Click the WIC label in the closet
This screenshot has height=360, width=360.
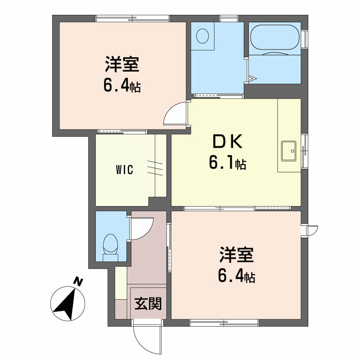[x=125, y=170]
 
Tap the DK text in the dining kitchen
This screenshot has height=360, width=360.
[x=228, y=142]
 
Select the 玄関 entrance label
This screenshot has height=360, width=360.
[x=148, y=303]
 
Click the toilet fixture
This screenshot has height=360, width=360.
[x=110, y=247]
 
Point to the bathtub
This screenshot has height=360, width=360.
[x=275, y=37]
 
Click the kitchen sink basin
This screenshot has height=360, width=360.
[x=289, y=151]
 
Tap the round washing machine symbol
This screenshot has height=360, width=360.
[x=202, y=36]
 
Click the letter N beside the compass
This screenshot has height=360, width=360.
[x=78, y=282]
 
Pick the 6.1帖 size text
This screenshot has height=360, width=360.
[x=228, y=162]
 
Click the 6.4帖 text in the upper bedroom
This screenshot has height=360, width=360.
[x=122, y=85]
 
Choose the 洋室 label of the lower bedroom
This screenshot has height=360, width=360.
[x=237, y=254]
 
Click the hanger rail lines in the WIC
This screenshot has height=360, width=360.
[x=155, y=168]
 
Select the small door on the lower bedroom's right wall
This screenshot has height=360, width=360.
[x=310, y=231]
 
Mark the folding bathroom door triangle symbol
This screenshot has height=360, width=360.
[x=252, y=78]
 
